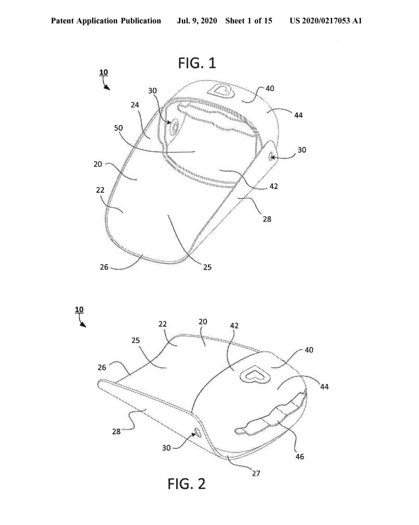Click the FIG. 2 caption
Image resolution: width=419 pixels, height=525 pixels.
click(187, 484)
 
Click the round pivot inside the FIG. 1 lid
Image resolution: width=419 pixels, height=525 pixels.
click(175, 126)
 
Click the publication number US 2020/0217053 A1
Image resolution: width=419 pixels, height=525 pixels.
click(325, 21)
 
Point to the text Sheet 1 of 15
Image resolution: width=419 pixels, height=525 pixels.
click(248, 21)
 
